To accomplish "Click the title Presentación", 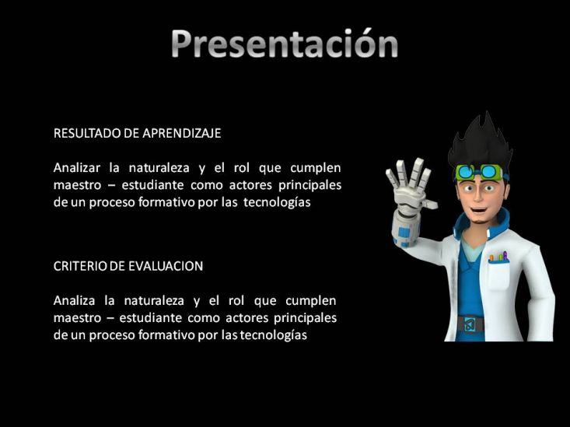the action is pyautogui.click(x=285, y=44).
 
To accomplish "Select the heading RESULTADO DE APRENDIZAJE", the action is pyautogui.click(x=137, y=133).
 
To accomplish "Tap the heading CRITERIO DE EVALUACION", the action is pyautogui.click(x=128, y=266).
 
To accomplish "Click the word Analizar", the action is pyautogui.click(x=77, y=168).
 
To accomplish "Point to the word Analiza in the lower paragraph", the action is pyautogui.click(x=74, y=300).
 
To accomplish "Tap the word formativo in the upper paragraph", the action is pyautogui.click(x=166, y=202).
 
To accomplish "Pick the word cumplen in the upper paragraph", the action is pyautogui.click(x=316, y=168).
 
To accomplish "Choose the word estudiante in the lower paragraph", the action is pyautogui.click(x=150, y=318).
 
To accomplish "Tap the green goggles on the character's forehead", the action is pyautogui.click(x=478, y=172).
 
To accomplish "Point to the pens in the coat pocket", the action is pyautogui.click(x=498, y=257).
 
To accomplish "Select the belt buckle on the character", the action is pyautogui.click(x=470, y=324).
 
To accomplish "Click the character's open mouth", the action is pyautogui.click(x=478, y=210).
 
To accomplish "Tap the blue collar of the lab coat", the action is pyautogui.click(x=481, y=223).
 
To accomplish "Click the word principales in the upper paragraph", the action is pyautogui.click(x=310, y=185).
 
